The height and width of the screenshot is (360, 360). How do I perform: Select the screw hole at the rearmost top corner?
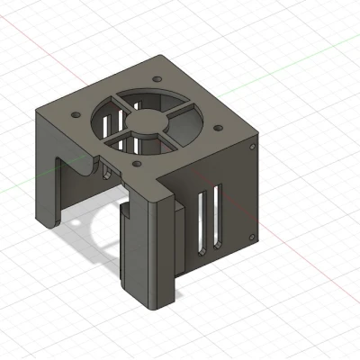point(158,78)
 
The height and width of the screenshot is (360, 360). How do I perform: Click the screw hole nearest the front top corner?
point(136,165)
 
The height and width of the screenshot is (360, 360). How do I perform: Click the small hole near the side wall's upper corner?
point(254,145)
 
